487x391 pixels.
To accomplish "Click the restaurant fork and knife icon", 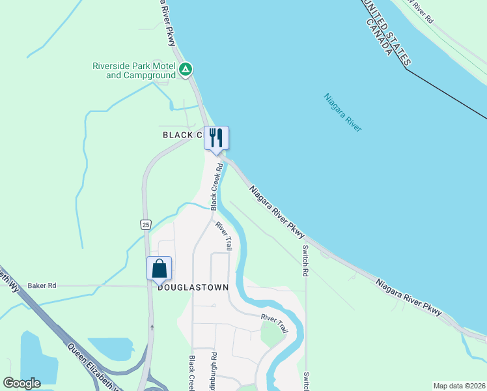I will (x=217, y=138).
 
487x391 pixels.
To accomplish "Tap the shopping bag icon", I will (x=160, y=268).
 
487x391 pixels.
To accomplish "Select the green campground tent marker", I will (x=186, y=69).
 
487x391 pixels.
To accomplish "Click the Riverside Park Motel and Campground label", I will (x=134, y=70).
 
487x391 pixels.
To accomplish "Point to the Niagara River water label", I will (x=342, y=113).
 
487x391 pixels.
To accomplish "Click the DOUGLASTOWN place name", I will (x=185, y=287).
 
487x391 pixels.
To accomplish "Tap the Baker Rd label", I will (x=42, y=285).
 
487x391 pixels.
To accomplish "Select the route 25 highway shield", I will (x=145, y=224).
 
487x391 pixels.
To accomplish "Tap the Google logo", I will (x=21, y=383).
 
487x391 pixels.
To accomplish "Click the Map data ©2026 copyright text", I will (x=459, y=385).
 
